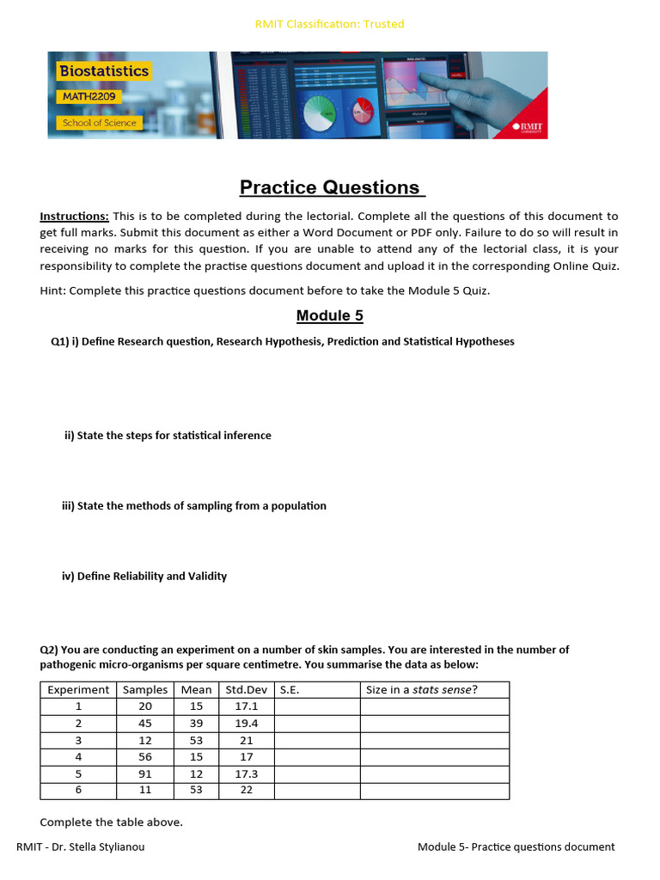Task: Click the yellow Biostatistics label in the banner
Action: coord(104,71)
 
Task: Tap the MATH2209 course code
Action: coord(89,97)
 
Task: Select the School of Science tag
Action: coord(99,123)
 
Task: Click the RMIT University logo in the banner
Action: coord(528,127)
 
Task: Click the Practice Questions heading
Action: coord(330,187)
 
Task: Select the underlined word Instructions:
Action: coord(75,217)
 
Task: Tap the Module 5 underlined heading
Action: coord(330,315)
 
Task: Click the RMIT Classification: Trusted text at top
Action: coord(330,24)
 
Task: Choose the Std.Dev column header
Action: coord(246,690)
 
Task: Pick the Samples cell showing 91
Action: coord(145,773)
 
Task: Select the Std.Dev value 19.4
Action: coord(246,724)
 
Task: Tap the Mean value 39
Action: coord(196,724)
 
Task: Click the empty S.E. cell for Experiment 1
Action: coord(316,706)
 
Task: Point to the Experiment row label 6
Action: coord(78,791)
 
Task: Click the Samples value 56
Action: coord(145,757)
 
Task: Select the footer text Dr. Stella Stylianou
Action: coord(95,847)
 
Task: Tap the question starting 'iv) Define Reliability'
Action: coord(144,576)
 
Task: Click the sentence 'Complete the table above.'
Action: coord(112,822)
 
